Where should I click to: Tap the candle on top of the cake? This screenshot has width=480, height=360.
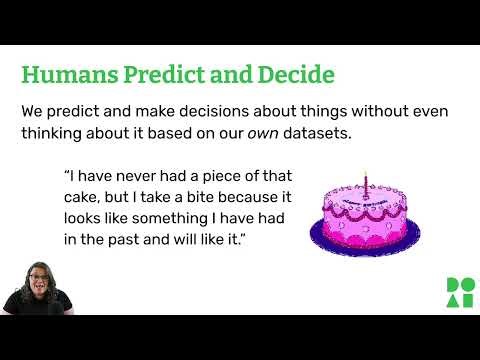click(365, 183)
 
